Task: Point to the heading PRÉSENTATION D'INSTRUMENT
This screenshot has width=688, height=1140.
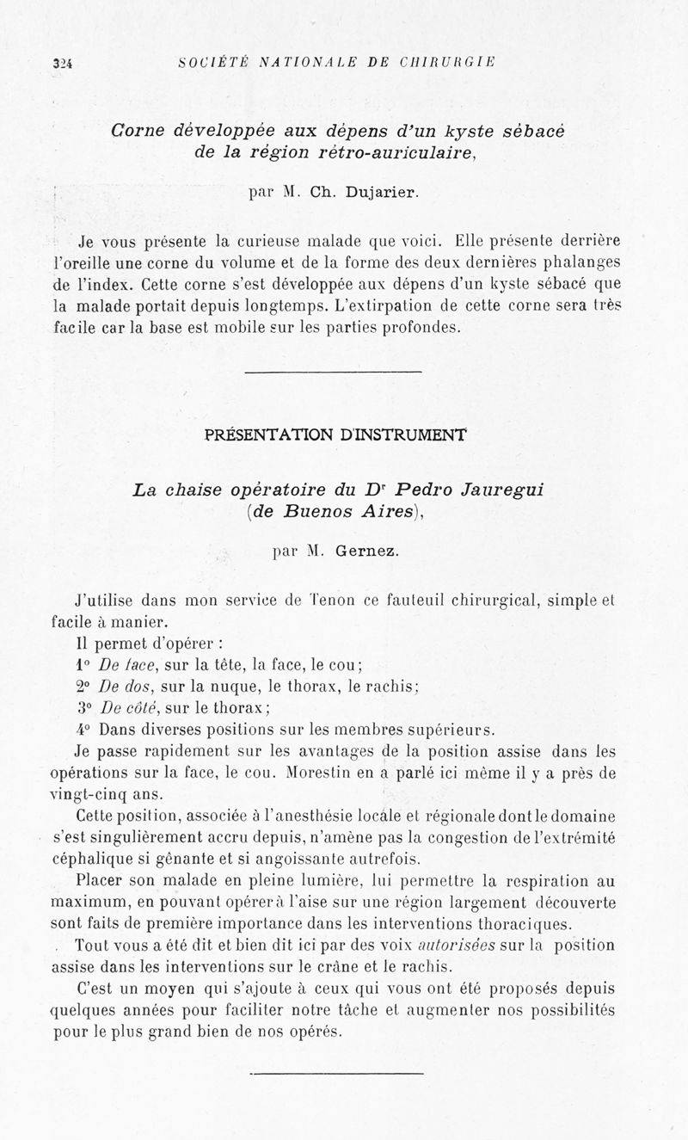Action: pos(336,434)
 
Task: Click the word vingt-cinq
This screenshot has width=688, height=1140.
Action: pos(90,793)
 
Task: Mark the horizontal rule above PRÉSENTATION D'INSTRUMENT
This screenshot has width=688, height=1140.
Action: pos(333,372)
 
